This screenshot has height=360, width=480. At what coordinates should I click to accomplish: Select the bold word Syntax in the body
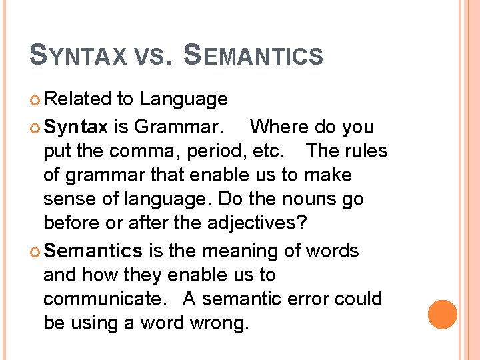point(75,126)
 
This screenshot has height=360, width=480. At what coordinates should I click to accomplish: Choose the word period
point(215,151)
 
